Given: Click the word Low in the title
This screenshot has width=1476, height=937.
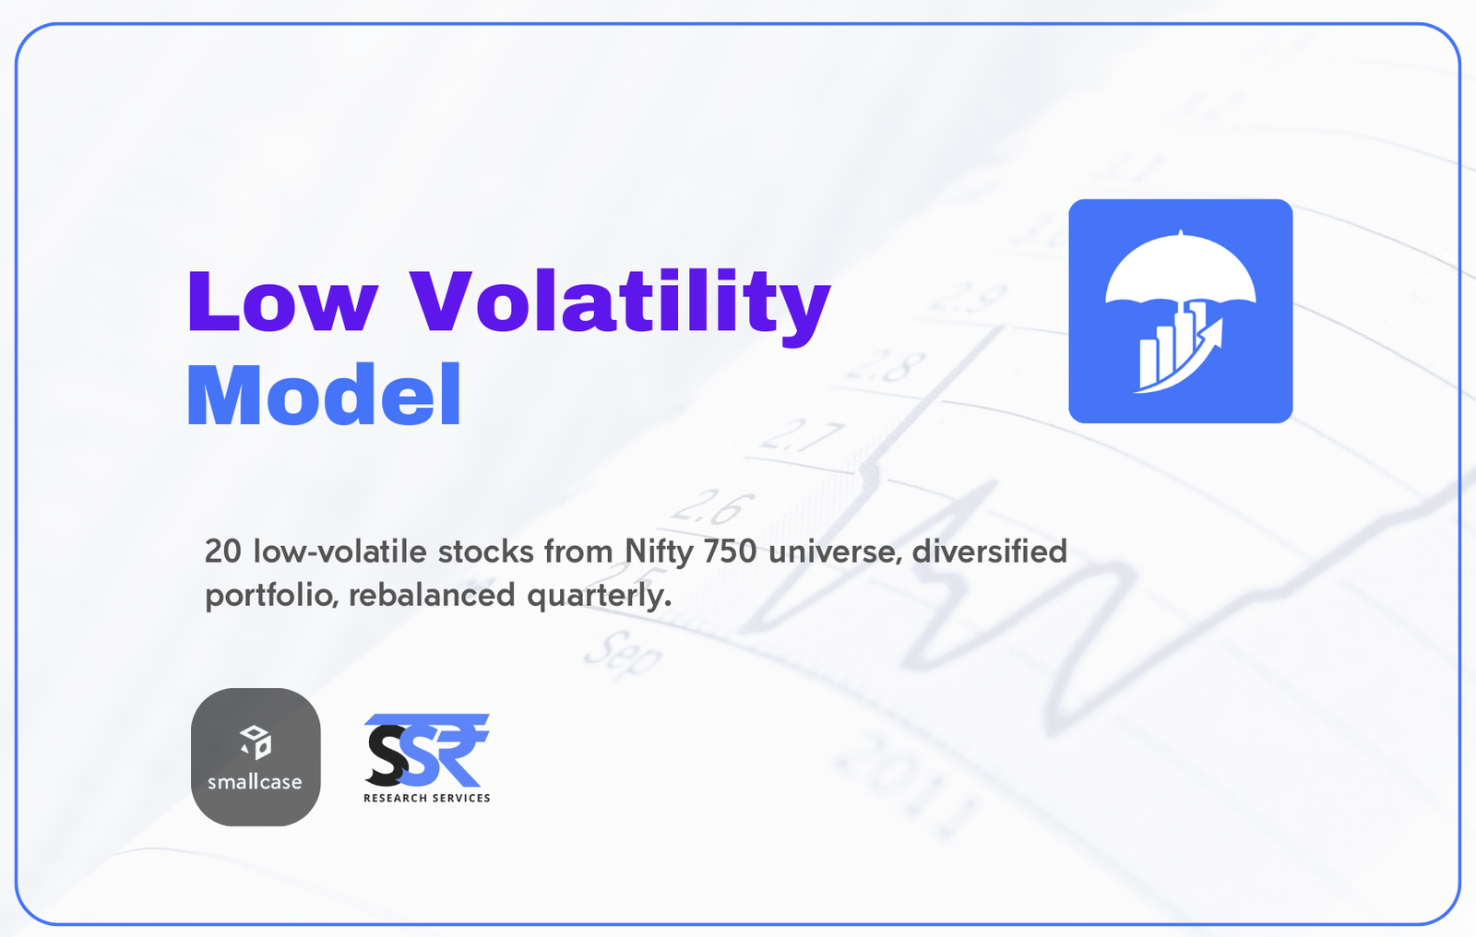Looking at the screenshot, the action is pyautogui.click(x=282, y=301).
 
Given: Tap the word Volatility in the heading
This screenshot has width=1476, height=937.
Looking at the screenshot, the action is pyautogui.click(x=620, y=306).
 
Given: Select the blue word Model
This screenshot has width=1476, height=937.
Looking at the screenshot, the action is pyautogui.click(x=324, y=395).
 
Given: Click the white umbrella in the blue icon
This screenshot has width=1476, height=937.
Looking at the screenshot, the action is pyautogui.click(x=1180, y=270).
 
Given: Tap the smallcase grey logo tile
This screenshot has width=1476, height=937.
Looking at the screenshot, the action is pyautogui.click(x=256, y=756).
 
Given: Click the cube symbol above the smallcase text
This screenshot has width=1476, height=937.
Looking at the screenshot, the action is pyautogui.click(x=256, y=742).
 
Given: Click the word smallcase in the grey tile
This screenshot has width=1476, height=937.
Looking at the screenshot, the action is pyautogui.click(x=255, y=782).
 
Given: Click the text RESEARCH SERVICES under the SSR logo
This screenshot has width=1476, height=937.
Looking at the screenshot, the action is pyautogui.click(x=427, y=798).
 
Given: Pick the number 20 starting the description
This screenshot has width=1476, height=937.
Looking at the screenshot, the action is pyautogui.click(x=222, y=552).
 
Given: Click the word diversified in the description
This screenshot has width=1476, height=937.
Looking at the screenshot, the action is pyautogui.click(x=990, y=551).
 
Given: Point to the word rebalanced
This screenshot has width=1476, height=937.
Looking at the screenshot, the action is pyautogui.click(x=432, y=595).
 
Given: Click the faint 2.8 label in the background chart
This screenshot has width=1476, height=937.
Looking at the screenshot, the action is pyautogui.click(x=885, y=366).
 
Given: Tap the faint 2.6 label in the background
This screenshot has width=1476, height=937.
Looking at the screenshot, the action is pyautogui.click(x=712, y=506).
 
